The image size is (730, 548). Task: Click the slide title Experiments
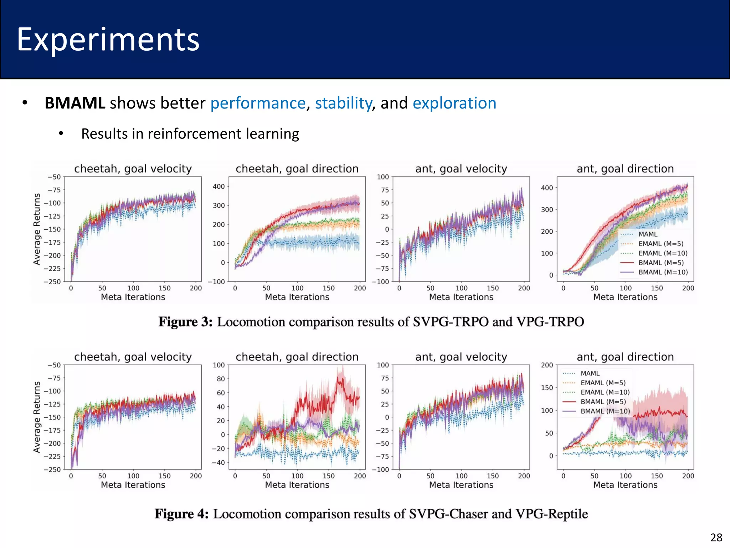point(108,40)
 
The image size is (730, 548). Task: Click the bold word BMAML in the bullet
point(75,103)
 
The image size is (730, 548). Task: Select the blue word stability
point(343,103)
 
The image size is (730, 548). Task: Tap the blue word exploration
point(454,103)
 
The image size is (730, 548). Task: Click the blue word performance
point(258,103)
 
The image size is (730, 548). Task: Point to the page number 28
point(716,537)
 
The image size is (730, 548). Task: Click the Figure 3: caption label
point(185,322)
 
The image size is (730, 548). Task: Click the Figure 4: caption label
point(181,514)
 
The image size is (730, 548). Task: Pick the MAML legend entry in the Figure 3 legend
point(648,234)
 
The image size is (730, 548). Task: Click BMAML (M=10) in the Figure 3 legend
point(663,272)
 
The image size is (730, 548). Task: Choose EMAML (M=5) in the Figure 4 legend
point(603,383)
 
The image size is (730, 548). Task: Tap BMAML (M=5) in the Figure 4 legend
point(603,402)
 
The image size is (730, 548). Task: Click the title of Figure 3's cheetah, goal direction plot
point(297,169)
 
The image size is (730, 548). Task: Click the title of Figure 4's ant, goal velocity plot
point(461,357)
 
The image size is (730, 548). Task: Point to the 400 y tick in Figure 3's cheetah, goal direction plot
point(219,187)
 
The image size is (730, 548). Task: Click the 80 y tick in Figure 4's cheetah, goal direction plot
point(221,379)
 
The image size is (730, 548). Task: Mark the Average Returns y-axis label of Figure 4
point(37,417)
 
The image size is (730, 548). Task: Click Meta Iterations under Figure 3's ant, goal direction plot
point(625,297)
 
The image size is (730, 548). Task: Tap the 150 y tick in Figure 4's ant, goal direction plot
point(547,388)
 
